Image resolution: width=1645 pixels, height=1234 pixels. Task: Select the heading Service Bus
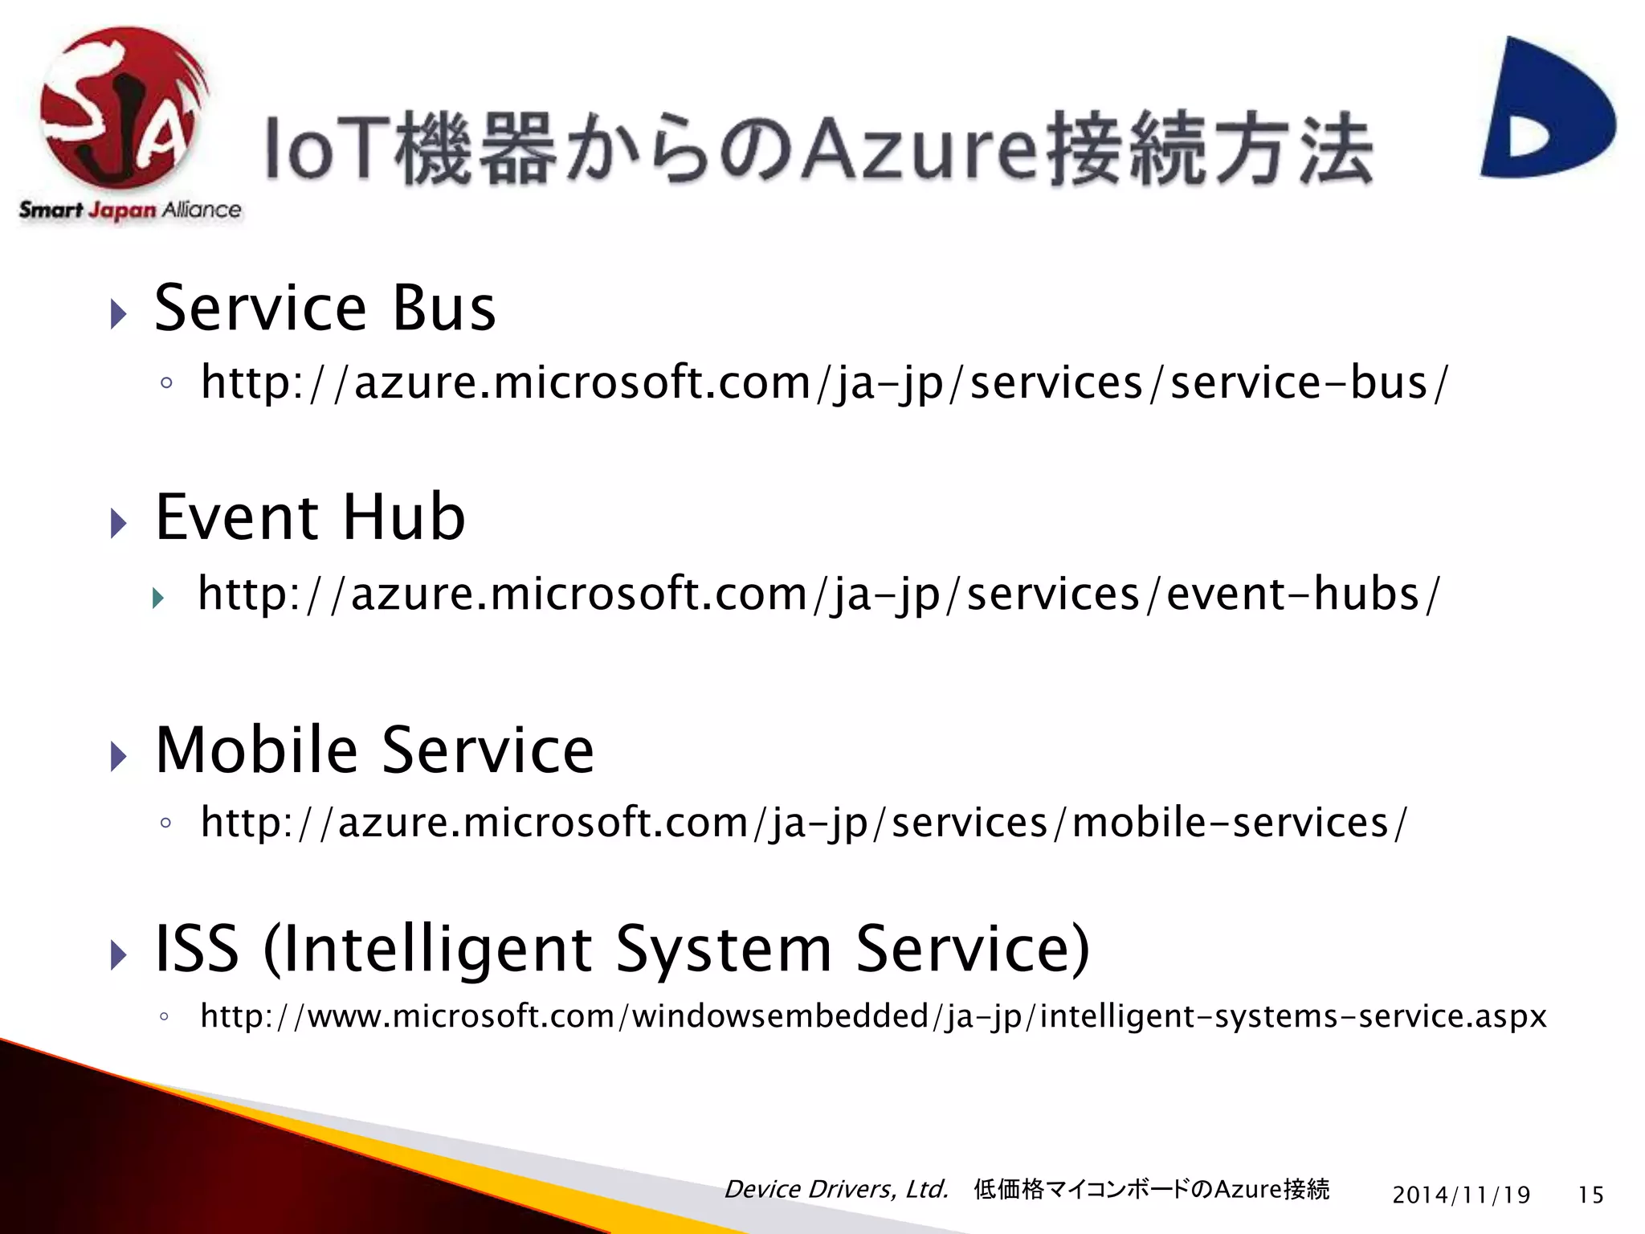click(x=325, y=308)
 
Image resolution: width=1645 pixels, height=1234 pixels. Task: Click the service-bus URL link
click(x=824, y=382)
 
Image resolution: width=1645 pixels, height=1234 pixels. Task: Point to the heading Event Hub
click(x=310, y=517)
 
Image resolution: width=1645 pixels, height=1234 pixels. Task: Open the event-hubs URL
click(x=819, y=595)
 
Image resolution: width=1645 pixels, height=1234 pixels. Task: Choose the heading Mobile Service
click(x=374, y=750)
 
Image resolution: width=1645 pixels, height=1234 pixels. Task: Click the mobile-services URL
click(x=803, y=823)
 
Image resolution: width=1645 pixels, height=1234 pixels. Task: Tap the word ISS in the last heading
click(x=197, y=950)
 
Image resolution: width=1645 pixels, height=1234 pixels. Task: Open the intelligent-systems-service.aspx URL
click(x=873, y=1017)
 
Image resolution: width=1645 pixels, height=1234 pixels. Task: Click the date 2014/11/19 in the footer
click(x=1461, y=1195)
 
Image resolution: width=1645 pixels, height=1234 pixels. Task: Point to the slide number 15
click(x=1590, y=1195)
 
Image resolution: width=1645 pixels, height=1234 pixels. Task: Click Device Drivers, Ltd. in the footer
click(x=836, y=1189)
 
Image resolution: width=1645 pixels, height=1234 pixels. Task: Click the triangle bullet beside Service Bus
click(x=119, y=314)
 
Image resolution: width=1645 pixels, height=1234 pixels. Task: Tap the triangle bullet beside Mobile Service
click(x=119, y=756)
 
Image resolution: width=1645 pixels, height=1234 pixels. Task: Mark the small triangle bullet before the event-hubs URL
click(x=158, y=598)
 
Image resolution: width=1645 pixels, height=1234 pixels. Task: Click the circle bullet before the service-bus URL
click(x=166, y=383)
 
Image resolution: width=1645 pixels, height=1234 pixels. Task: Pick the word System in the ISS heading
click(x=723, y=950)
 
